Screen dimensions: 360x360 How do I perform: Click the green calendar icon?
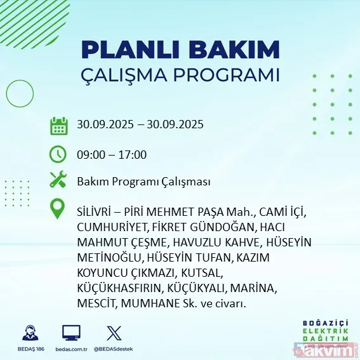(58, 125)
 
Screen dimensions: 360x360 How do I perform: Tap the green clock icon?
(58, 154)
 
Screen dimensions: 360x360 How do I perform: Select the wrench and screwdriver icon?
(58, 181)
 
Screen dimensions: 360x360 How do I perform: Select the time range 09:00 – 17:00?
(112, 154)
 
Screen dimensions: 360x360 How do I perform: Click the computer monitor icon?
(71, 333)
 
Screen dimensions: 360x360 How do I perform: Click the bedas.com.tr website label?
(71, 350)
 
